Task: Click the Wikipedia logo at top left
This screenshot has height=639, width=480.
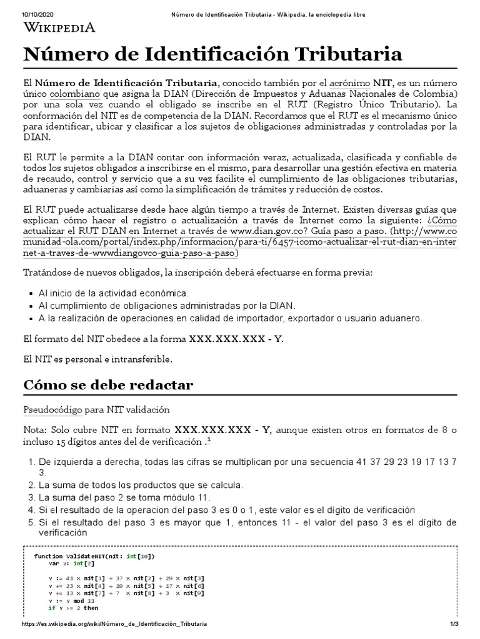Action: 59,27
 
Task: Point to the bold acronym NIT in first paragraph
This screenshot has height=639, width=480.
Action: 383,83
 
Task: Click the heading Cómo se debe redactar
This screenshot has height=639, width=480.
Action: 108,385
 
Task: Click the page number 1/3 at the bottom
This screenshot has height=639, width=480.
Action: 454,624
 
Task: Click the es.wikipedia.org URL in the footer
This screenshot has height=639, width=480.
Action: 114,624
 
